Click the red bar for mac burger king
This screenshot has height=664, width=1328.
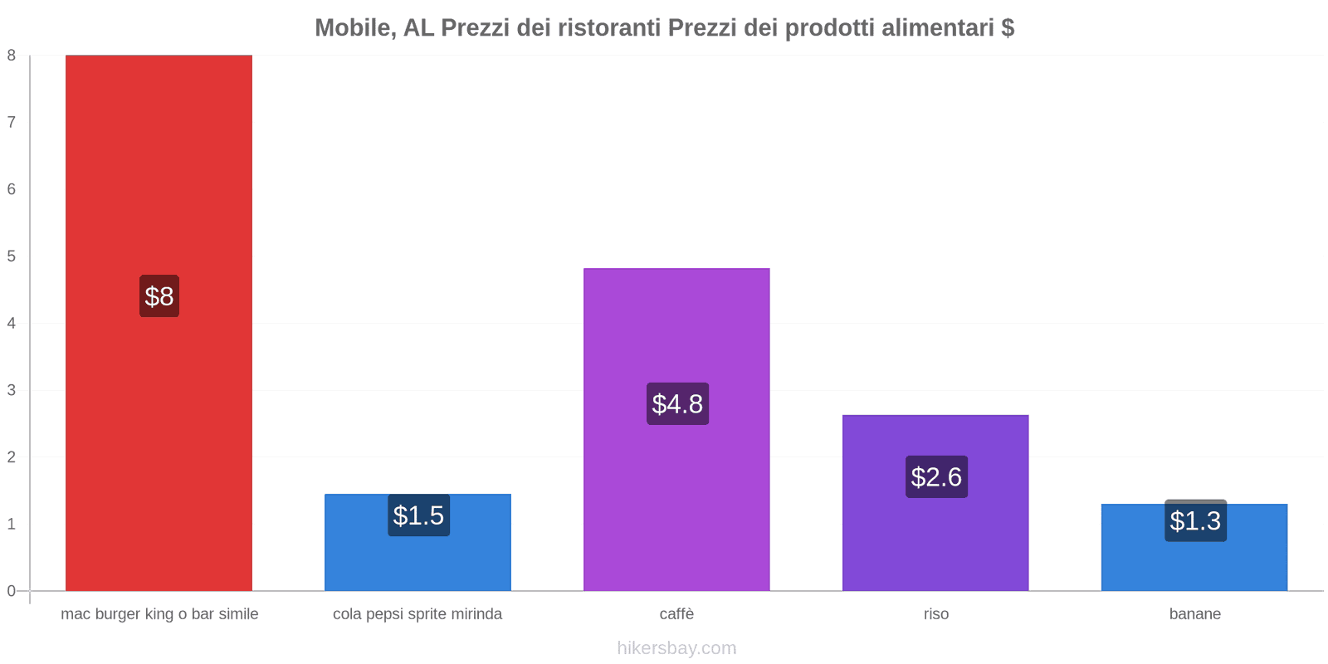[159, 166]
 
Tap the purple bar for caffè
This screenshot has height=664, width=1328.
[676, 332]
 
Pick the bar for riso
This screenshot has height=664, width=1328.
[935, 539]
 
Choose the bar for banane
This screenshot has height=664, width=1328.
[1194, 564]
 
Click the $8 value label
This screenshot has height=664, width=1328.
[159, 296]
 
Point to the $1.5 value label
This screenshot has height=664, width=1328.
[418, 515]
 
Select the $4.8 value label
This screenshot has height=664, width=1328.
[677, 404]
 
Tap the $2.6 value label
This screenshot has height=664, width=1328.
[936, 477]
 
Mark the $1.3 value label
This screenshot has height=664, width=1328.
[1195, 521]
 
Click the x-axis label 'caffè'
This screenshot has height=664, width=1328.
[676, 614]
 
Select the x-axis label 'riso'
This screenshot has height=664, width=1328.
[936, 614]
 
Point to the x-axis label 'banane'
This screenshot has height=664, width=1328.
[1194, 614]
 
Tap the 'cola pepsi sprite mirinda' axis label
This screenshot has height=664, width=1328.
[417, 614]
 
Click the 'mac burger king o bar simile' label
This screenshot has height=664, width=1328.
[159, 614]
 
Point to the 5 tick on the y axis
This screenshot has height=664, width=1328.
[12, 256]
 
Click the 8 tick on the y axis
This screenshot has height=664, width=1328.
[12, 56]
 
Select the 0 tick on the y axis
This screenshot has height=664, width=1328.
[12, 591]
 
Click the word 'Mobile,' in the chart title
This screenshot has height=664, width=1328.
[355, 28]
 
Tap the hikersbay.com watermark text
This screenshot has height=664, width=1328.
[676, 648]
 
